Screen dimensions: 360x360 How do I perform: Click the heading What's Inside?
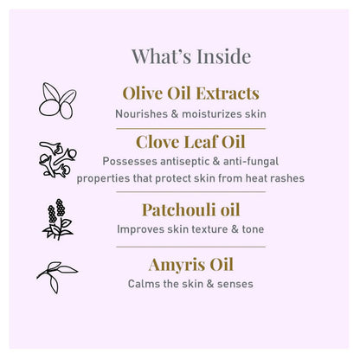tap(191, 56)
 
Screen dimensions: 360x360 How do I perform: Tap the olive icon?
tap(58, 100)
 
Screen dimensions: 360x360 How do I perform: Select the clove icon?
tap(58, 159)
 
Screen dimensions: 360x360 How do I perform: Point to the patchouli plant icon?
tap(58, 219)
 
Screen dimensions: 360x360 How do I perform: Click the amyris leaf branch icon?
tap(57, 278)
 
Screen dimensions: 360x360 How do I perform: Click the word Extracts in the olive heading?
tap(228, 93)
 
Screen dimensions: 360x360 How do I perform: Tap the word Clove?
tap(157, 142)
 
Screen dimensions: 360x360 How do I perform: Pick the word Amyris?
tap(177, 266)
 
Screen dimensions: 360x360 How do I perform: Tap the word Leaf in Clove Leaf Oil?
tap(201, 142)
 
